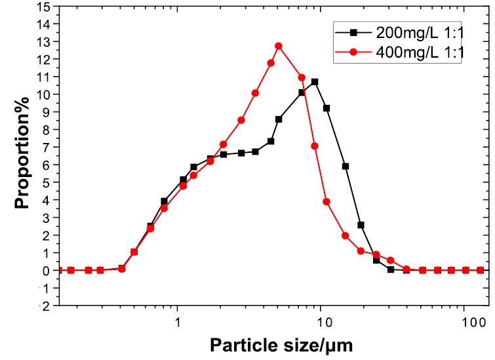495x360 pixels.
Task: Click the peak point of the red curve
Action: pos(279,46)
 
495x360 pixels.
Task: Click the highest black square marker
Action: pos(315,82)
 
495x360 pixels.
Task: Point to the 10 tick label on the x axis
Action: pos(322,323)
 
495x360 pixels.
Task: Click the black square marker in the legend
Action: pos(352,32)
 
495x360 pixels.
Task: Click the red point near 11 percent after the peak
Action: pos(302,77)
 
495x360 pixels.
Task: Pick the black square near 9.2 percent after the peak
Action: pos(327,108)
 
